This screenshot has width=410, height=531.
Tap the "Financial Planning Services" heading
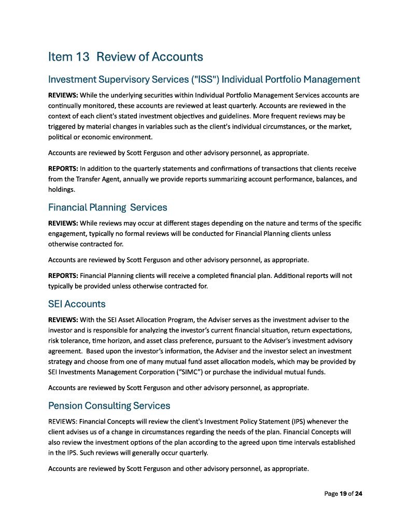(x=107, y=207)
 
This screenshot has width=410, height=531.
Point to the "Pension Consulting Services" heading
(x=109, y=405)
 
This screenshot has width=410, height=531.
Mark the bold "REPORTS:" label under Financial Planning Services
(x=63, y=275)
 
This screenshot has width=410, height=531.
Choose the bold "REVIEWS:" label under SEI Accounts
(x=63, y=319)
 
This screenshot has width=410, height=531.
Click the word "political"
(x=61, y=137)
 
